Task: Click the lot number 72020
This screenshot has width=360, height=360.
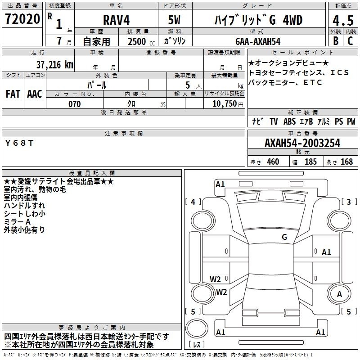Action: pos(22,19)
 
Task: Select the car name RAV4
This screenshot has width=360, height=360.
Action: pos(117,20)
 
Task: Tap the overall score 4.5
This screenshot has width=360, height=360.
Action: pos(343,21)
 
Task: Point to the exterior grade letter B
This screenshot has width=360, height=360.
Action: pos(336,41)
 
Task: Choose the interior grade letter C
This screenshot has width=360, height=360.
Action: pos(350,41)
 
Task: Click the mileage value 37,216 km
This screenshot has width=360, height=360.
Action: pos(54,65)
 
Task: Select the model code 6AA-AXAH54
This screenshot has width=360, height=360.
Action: pos(258,41)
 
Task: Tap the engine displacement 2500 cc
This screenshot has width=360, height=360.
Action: pos(141,41)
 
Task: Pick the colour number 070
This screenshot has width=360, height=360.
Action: pos(75,104)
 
